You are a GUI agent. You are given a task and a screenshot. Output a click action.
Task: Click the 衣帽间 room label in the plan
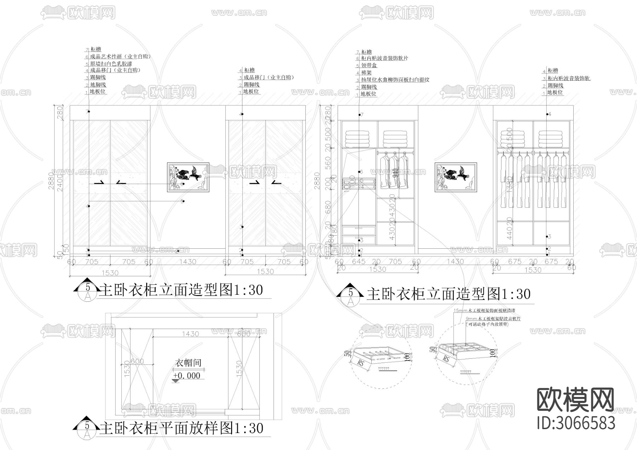tap(188, 363)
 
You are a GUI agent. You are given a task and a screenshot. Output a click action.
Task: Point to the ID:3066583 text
tap(576, 423)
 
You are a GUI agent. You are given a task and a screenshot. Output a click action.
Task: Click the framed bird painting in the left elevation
tap(188, 177)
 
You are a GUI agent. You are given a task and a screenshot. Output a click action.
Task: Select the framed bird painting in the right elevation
tap(455, 177)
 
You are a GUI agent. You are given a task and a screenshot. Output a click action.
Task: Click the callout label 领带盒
tap(369, 65)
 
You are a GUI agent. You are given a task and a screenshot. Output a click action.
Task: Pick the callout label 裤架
tap(366, 73)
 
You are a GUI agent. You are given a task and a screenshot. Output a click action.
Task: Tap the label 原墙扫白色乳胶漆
tap(111, 64)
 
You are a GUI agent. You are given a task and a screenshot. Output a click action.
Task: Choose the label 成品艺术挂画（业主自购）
tap(120, 57)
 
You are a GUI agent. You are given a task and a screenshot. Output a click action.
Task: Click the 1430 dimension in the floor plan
tap(190, 334)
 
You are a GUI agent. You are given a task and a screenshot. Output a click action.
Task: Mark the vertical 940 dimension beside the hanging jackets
tap(396, 173)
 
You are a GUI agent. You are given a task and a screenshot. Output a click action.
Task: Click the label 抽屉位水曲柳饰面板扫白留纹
tap(395, 80)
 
